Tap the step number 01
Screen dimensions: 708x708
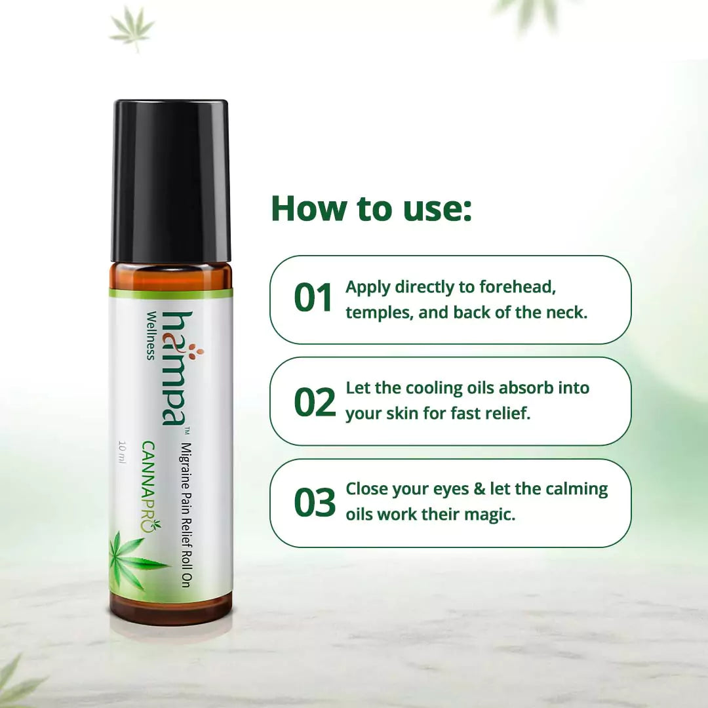tap(314, 299)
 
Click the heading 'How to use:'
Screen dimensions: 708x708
tap(371, 208)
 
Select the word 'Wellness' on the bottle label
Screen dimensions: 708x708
tap(151, 335)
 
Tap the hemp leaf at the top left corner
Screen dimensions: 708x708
tap(132, 28)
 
